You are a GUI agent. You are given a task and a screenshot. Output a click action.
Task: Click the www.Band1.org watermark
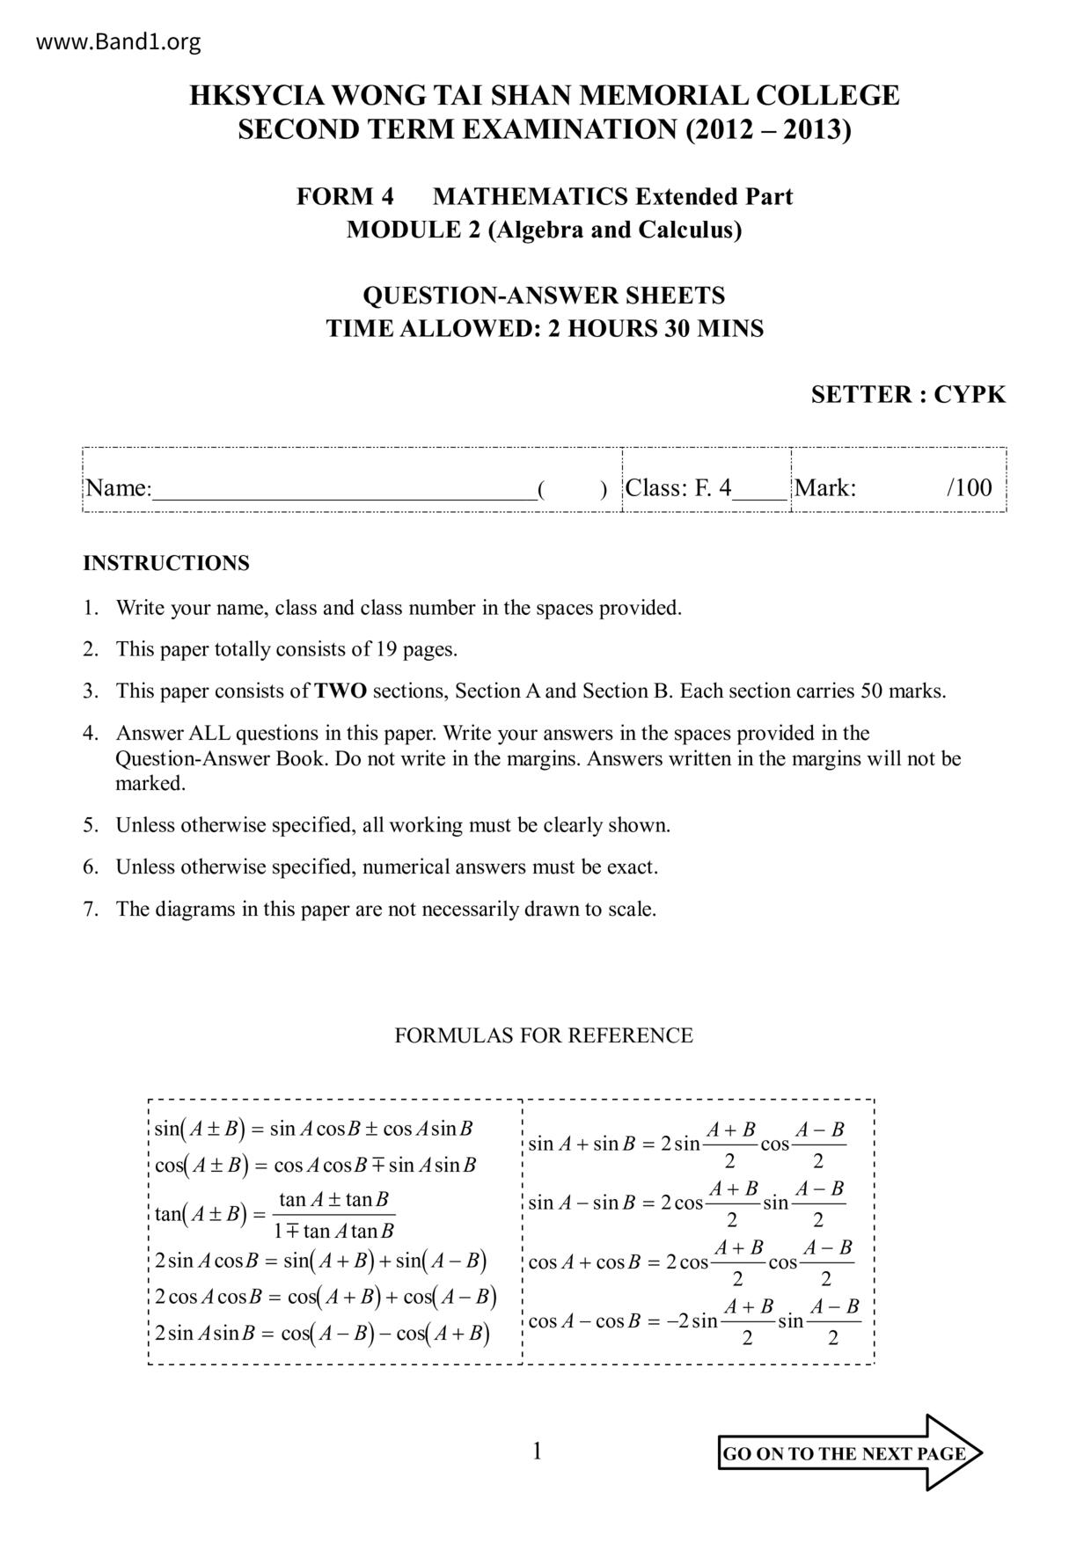coord(119,41)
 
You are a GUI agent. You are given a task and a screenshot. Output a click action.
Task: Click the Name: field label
coord(119,488)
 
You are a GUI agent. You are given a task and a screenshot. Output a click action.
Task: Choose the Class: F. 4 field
coord(678,488)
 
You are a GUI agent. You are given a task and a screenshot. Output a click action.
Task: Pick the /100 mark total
coord(969,488)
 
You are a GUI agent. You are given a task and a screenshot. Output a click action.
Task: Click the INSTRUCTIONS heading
coord(166,563)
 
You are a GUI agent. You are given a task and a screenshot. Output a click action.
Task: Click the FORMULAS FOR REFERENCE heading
coord(544,1035)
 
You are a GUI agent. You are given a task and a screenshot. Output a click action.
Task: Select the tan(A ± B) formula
coord(275,1215)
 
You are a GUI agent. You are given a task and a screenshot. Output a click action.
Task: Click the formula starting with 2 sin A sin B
coord(321,1334)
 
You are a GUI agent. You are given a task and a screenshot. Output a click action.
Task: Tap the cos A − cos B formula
coord(694,1321)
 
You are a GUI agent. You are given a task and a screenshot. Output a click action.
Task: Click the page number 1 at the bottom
coord(538,1452)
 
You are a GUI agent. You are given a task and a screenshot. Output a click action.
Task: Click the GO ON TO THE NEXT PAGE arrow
coord(849,1453)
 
